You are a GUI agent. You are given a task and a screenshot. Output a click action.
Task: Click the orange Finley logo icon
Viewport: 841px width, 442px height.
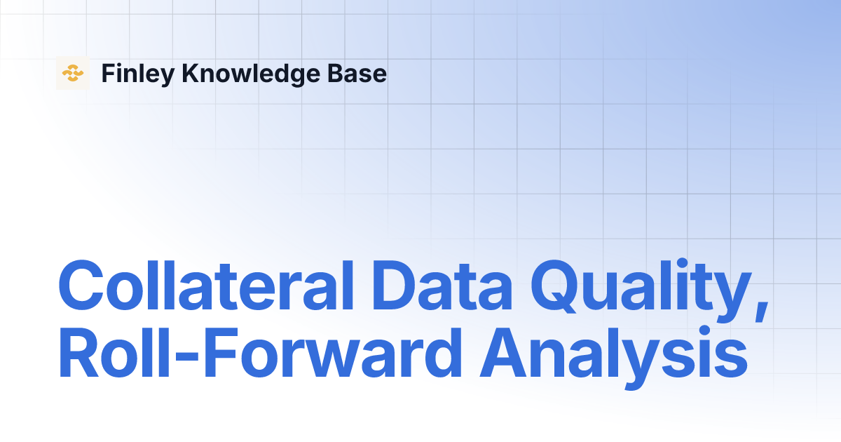pyautogui.click(x=73, y=73)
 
